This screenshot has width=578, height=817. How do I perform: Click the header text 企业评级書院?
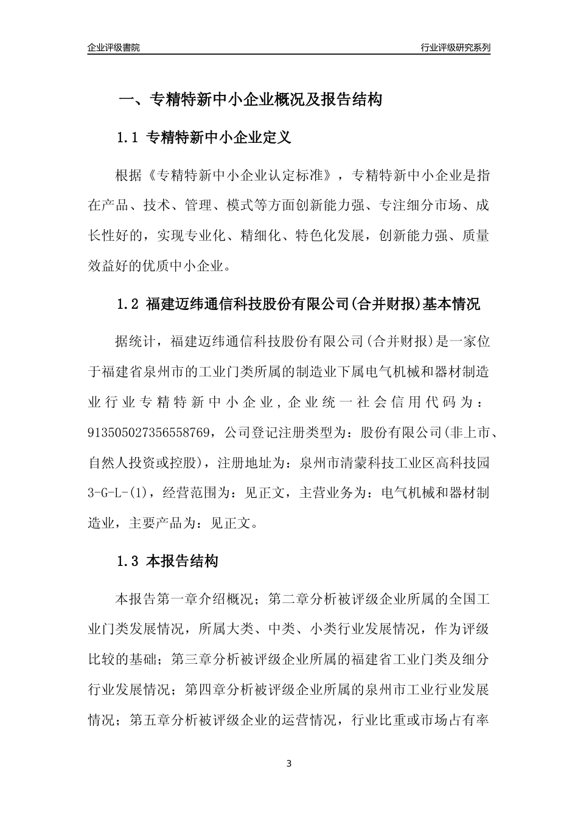point(114,47)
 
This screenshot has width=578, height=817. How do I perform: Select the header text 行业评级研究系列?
point(455,47)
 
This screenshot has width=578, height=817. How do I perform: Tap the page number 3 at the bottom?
point(289,764)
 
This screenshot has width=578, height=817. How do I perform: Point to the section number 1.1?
point(128,138)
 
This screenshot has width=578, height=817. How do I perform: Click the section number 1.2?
point(128,304)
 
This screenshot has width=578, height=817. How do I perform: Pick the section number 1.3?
point(128,561)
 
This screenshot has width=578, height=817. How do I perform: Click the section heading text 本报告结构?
point(183,561)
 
